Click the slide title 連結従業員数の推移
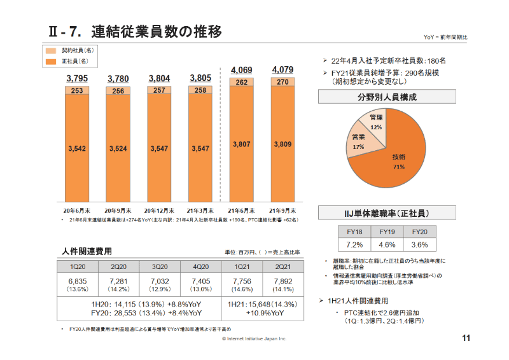[156, 31]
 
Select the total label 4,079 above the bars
[282, 69]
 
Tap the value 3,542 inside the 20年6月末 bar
[77, 148]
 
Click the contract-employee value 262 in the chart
[241, 83]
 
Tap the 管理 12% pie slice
[375, 121]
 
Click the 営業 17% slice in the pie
[358, 142]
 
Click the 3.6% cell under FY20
[419, 245]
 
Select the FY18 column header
[354, 232]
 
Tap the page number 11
[465, 338]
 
